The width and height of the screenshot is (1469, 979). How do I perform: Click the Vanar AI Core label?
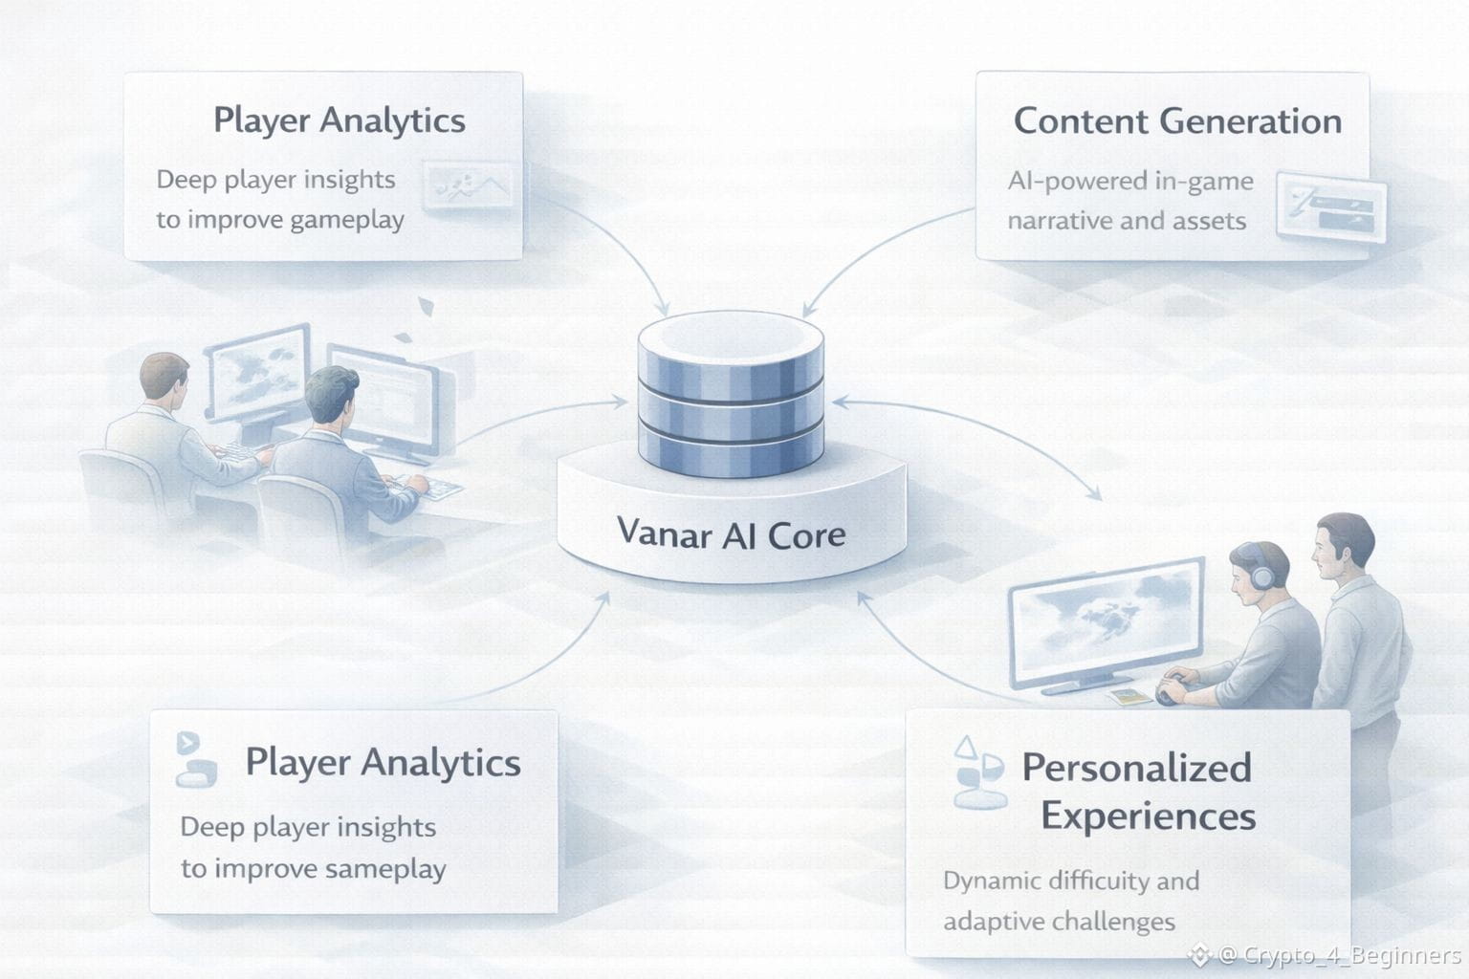(731, 533)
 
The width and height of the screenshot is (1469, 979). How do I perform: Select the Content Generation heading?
(1177, 121)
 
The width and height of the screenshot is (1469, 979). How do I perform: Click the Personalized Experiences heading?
(1138, 792)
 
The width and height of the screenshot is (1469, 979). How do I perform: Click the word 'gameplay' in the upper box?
(346, 220)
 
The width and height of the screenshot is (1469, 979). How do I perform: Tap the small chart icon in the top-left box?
(470, 187)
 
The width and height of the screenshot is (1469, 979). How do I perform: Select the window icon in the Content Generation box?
(1331, 207)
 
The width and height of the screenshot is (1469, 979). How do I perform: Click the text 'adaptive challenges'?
(1059, 922)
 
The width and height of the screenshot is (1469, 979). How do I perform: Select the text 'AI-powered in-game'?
(1129, 181)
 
